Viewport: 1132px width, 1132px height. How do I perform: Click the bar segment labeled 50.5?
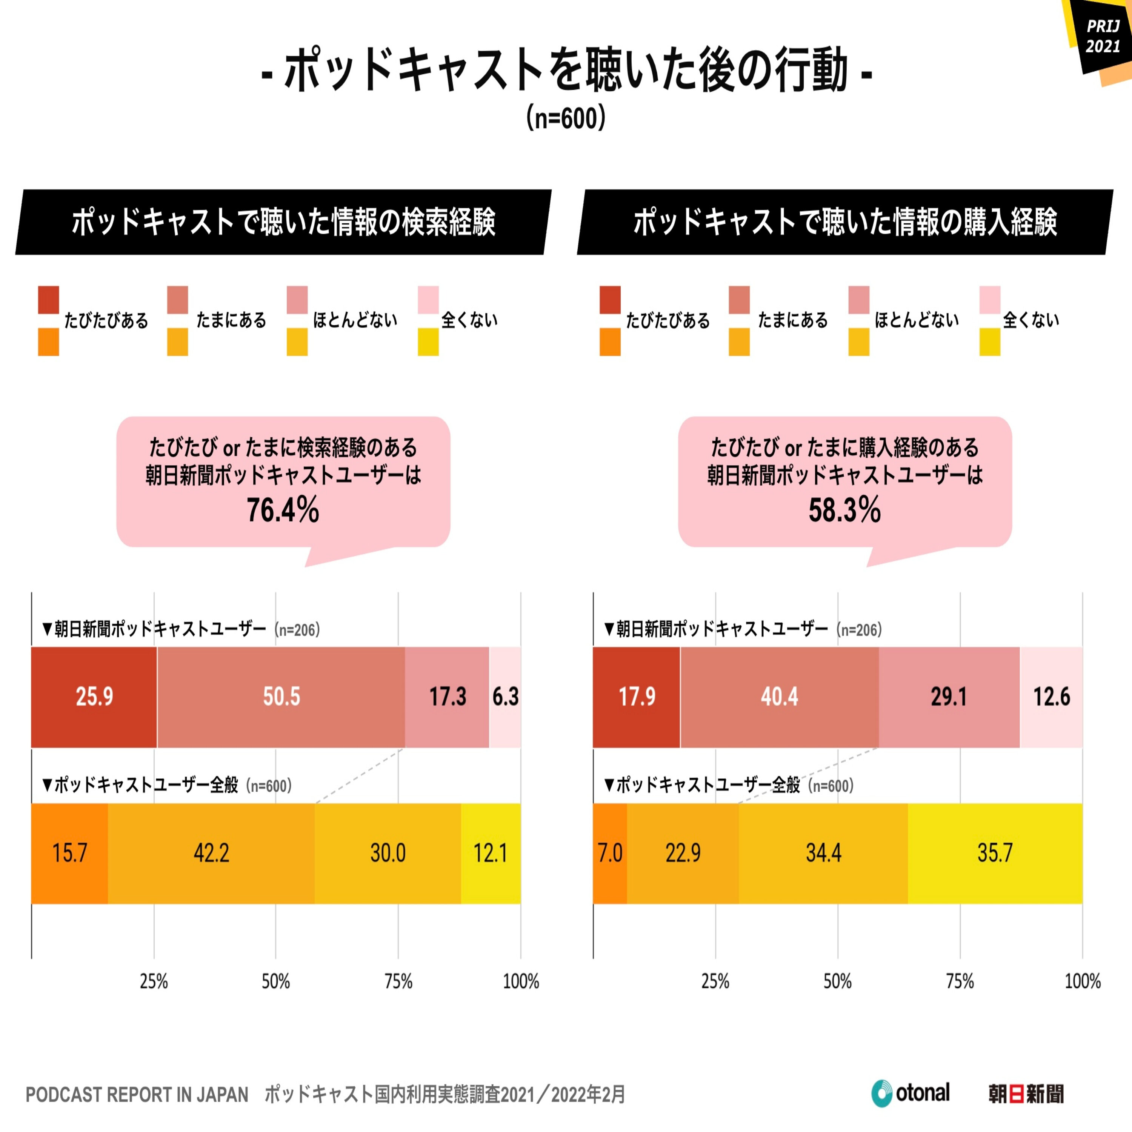point(281,697)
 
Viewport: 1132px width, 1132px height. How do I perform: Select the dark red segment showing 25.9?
point(94,697)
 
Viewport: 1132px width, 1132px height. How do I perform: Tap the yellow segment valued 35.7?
point(995,854)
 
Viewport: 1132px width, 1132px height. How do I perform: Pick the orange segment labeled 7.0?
point(610,854)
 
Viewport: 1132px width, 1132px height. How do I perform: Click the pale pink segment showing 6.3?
point(505,697)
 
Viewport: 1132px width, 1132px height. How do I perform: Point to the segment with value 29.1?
point(949,697)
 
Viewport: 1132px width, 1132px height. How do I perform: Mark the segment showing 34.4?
point(823,854)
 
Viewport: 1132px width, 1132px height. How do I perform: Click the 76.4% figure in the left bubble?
point(283,510)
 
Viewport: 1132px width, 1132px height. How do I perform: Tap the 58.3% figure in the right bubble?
point(845,510)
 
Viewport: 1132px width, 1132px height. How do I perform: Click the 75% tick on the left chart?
point(398,982)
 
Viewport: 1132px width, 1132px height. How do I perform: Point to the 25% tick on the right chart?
point(715,982)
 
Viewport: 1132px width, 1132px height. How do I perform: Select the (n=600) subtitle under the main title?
point(565,118)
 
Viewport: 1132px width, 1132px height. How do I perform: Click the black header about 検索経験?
point(283,222)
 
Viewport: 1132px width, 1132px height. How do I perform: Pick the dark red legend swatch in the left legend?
point(49,300)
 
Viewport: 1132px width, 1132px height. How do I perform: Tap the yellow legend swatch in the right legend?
point(990,341)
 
